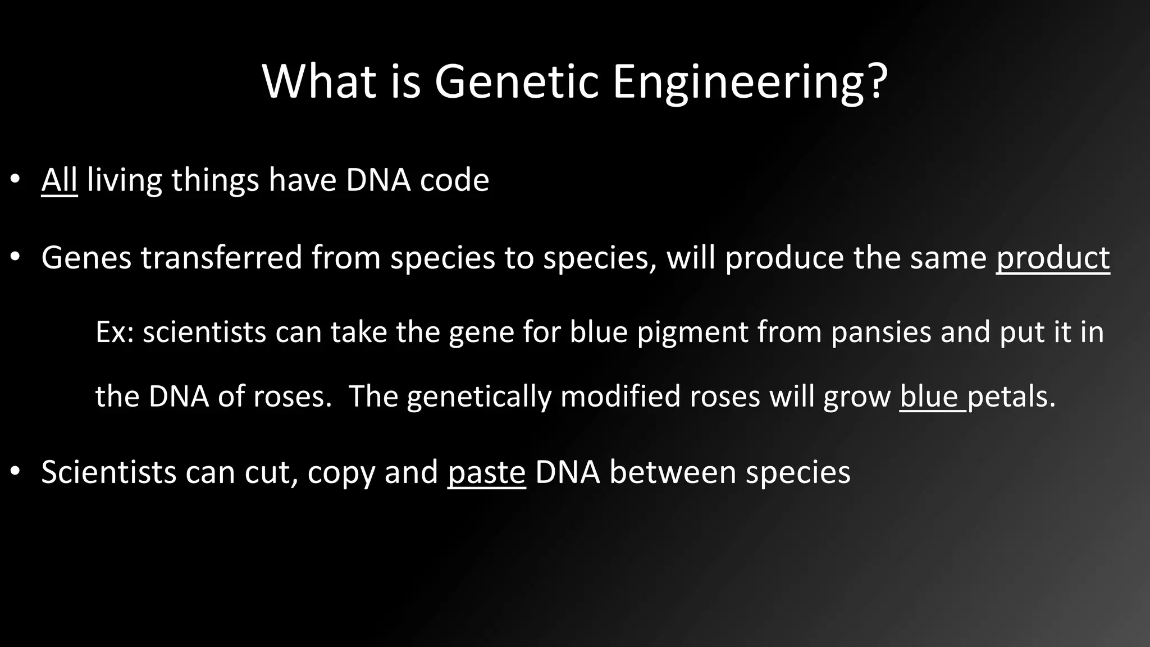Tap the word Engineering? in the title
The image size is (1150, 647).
[x=750, y=83]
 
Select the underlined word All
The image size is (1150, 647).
[x=59, y=180]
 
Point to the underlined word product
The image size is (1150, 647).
[x=1053, y=258]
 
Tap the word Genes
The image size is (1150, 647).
[x=86, y=258]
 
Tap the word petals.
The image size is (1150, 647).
[x=1011, y=397]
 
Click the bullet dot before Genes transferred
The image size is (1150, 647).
[x=15, y=258]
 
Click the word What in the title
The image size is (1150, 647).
[x=318, y=82]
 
